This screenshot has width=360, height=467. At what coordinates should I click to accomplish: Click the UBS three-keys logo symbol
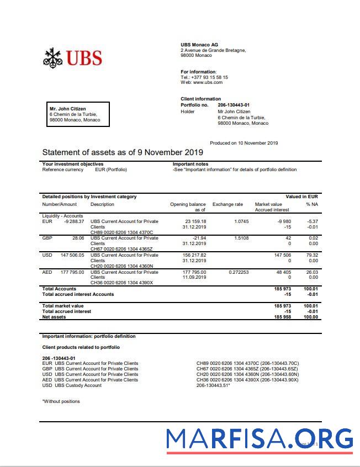[53, 58]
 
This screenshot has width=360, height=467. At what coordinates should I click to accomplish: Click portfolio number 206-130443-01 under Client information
[234, 105]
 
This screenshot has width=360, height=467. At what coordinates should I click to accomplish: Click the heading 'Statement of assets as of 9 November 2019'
[123, 152]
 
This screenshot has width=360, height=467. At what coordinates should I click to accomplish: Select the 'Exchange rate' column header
[227, 204]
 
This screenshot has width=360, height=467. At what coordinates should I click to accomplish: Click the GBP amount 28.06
[77, 238]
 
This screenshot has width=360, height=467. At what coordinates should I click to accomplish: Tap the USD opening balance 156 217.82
[194, 255]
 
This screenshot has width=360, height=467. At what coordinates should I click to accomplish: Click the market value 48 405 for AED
[283, 272]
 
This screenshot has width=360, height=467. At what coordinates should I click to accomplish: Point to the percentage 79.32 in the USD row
[312, 255]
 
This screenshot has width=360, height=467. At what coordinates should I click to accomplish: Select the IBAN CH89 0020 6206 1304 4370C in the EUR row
[121, 232]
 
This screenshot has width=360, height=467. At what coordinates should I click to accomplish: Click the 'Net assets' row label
[54, 317]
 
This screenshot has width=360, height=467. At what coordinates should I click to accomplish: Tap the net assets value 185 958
[283, 317]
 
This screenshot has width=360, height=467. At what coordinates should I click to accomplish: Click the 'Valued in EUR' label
[301, 197]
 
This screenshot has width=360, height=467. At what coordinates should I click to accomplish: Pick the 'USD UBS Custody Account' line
[72, 385]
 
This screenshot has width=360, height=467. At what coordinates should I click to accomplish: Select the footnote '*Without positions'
[61, 401]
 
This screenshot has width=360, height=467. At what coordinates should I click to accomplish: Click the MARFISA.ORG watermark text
[260, 439]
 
